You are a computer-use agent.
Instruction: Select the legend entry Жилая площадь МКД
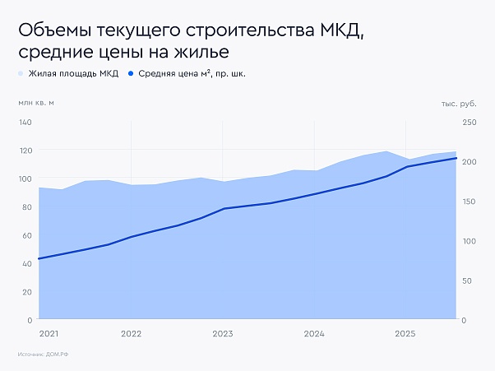click(x=73, y=74)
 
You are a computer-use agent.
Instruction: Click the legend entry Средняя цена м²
click(x=192, y=74)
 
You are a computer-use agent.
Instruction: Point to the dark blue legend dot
click(x=131, y=74)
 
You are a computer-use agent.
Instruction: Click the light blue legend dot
click(x=21, y=74)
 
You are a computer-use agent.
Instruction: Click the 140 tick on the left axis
click(x=25, y=123)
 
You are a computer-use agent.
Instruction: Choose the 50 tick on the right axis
click(x=468, y=281)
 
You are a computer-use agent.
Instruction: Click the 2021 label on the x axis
click(x=49, y=334)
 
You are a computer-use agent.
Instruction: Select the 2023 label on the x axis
click(x=222, y=334)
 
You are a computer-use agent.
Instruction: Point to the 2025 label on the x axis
click(x=405, y=334)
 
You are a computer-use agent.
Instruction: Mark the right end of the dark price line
click(x=456, y=158)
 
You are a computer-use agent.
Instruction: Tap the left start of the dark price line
click(x=39, y=258)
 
